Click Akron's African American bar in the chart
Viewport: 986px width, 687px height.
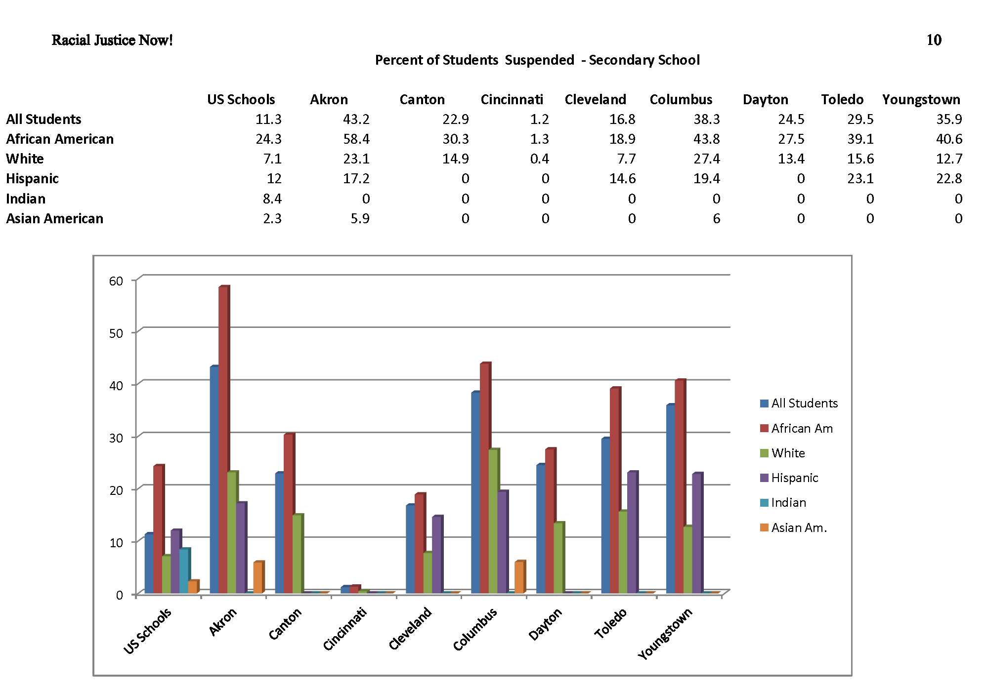[x=223, y=440]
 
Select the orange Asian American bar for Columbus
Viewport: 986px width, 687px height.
[x=519, y=577]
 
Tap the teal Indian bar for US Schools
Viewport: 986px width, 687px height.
[x=184, y=570]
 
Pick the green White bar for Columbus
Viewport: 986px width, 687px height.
[x=493, y=521]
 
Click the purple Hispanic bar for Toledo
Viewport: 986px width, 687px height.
[x=632, y=532]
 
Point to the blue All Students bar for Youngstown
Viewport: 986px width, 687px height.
[x=670, y=499]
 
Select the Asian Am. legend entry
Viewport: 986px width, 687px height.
[x=799, y=527]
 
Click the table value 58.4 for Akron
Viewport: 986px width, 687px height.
[x=356, y=139]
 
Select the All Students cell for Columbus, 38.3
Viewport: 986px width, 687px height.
[x=707, y=119]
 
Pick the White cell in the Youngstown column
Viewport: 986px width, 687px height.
[x=949, y=159]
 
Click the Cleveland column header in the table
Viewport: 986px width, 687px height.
[x=595, y=99]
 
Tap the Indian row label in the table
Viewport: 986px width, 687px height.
[x=26, y=199]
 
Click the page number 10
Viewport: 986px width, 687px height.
[x=934, y=40]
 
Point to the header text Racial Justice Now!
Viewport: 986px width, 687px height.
[x=112, y=40]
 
